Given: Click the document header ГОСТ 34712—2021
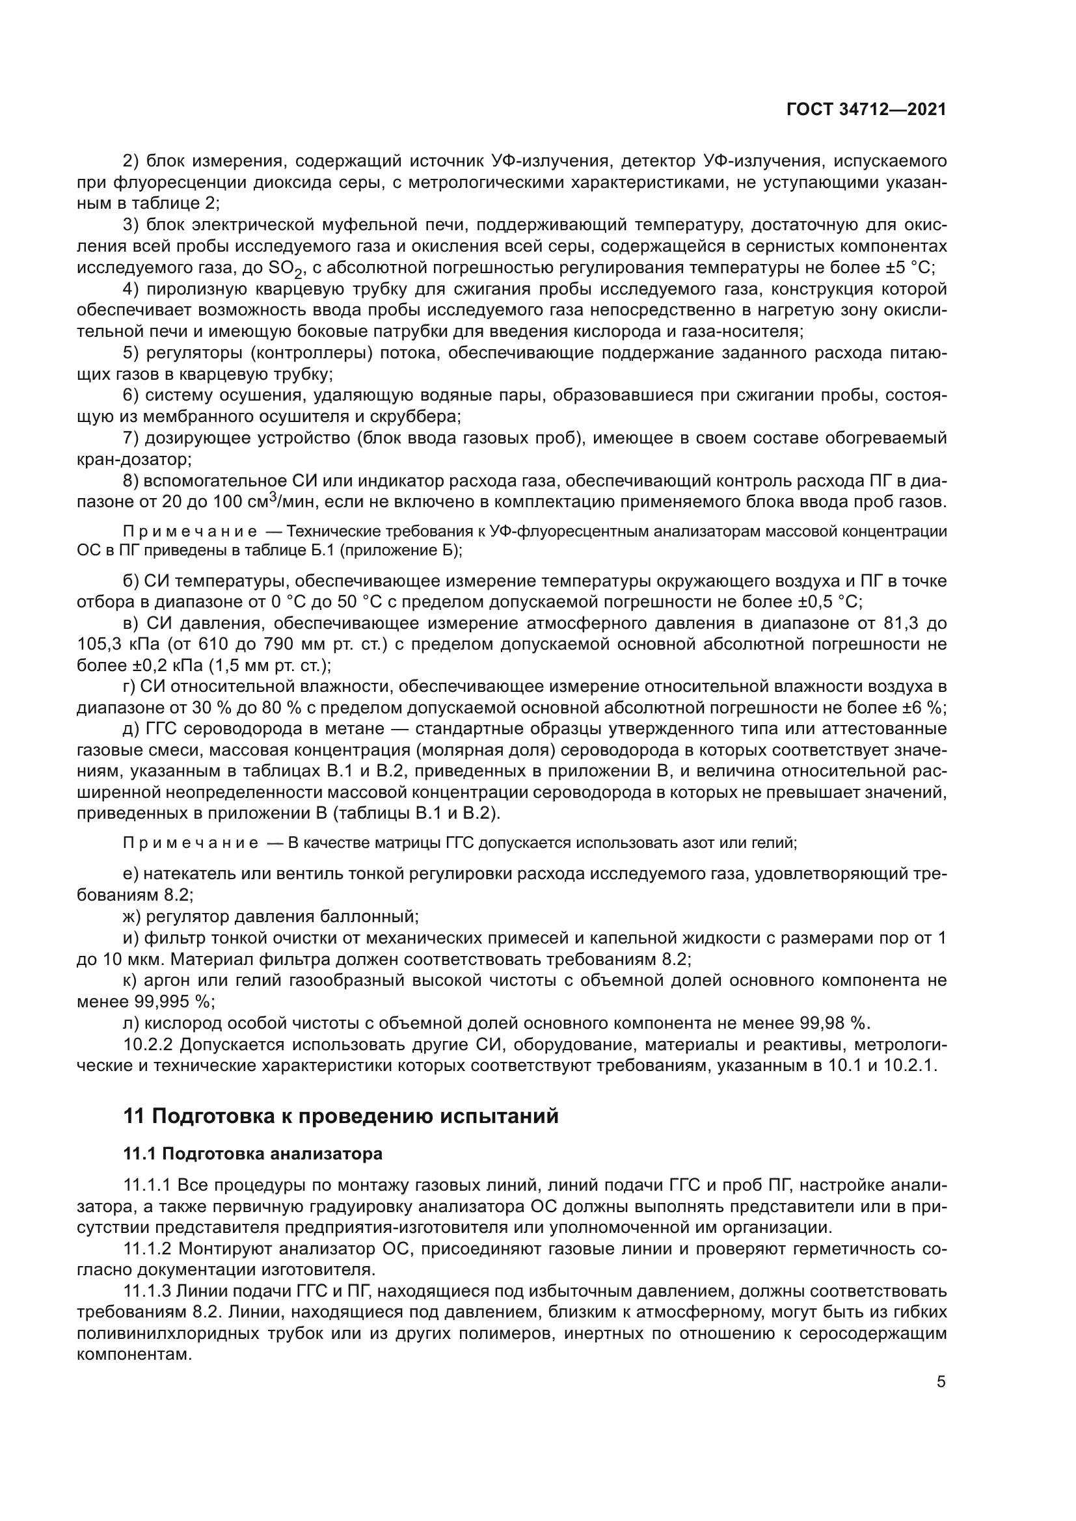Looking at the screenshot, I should point(865,110).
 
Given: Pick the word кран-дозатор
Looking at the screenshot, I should point(133,459).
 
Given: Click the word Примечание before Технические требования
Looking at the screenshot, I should point(190,532).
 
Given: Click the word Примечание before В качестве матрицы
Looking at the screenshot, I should point(190,843).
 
